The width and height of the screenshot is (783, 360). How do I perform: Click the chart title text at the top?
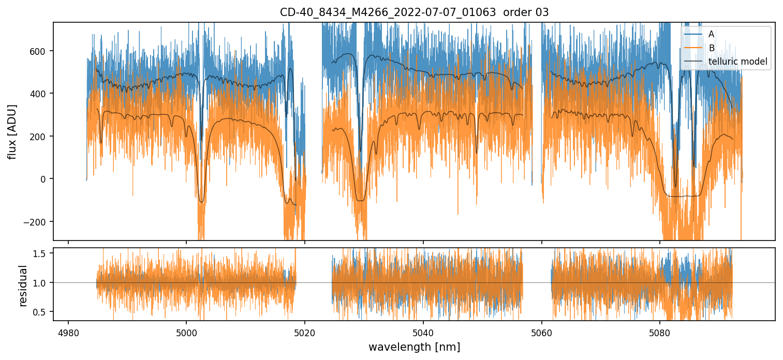click(x=414, y=12)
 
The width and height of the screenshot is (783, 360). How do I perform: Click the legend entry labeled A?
click(x=711, y=34)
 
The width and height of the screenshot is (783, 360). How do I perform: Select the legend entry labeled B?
click(x=711, y=48)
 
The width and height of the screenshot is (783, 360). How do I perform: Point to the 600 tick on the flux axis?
click(x=40, y=51)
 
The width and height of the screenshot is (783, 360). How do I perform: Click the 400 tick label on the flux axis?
click(x=40, y=94)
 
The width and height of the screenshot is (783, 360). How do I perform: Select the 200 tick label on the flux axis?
click(x=40, y=137)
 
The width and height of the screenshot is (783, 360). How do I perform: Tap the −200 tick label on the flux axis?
click(x=37, y=222)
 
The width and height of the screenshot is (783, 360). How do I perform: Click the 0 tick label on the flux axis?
click(x=44, y=179)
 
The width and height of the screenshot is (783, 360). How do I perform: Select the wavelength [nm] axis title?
click(x=414, y=347)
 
